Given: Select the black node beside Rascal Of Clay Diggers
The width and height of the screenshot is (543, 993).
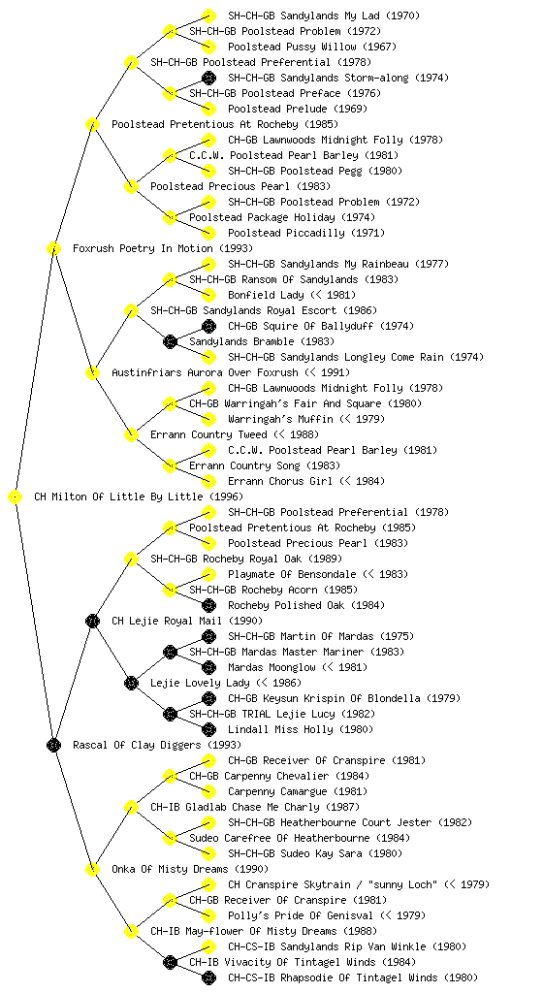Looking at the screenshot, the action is [53, 745].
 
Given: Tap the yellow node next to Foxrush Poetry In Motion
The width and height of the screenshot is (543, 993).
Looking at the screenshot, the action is [53, 248].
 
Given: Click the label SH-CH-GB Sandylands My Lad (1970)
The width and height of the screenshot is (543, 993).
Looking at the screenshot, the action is [324, 16].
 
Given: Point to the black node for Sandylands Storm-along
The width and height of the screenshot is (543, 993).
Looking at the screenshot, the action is [208, 78].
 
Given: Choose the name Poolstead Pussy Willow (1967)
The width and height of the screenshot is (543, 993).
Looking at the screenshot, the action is [312, 47].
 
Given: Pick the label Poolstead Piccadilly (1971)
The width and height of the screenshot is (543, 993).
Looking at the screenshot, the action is [306, 233].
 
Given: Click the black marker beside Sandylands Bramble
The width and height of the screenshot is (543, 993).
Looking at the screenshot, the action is [170, 341].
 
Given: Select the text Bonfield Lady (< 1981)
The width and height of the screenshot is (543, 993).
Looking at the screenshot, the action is [292, 295].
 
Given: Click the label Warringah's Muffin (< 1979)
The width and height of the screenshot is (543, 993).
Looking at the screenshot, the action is [306, 419].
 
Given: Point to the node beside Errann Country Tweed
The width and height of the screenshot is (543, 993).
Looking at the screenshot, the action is [131, 434].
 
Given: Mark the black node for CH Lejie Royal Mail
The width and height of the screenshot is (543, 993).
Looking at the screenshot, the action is [92, 621].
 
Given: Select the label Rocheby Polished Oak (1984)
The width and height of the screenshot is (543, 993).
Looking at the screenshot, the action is [306, 605].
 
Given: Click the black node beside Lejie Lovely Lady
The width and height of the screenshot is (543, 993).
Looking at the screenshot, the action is [131, 683].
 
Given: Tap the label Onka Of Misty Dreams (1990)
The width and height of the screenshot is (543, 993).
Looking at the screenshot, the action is [190, 869].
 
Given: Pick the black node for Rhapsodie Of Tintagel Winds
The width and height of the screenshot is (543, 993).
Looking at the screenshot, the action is [208, 977].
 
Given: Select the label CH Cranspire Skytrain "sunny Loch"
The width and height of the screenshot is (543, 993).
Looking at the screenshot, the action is [333, 884].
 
